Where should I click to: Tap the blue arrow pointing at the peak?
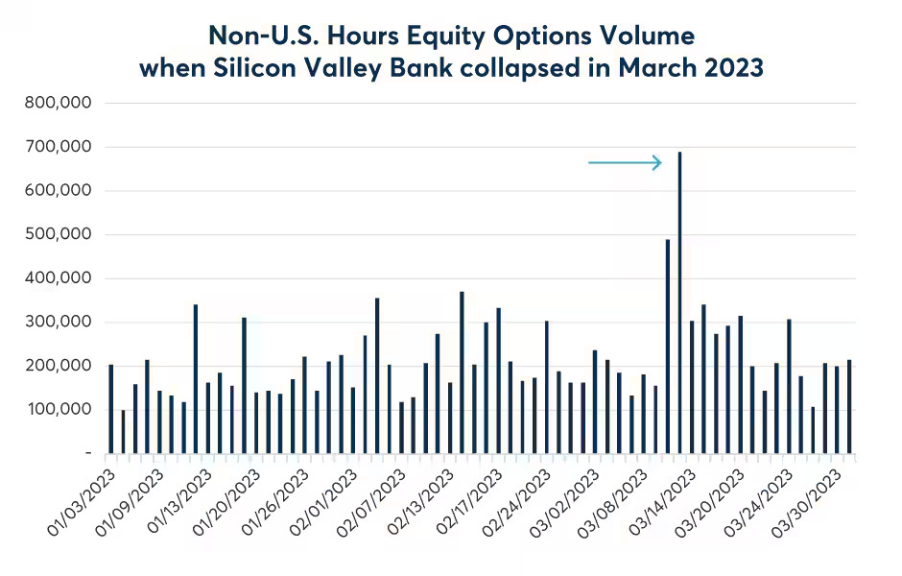(x=625, y=163)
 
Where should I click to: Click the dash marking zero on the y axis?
(x=88, y=452)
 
